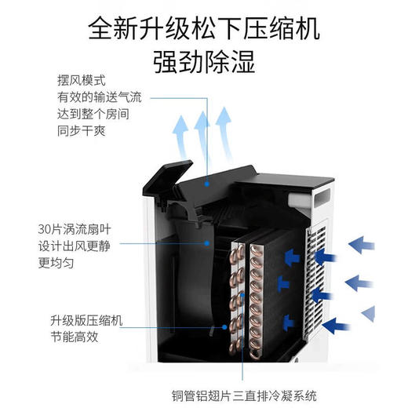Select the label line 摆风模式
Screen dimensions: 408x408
click(81, 81)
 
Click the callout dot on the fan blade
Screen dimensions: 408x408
click(209, 244)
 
